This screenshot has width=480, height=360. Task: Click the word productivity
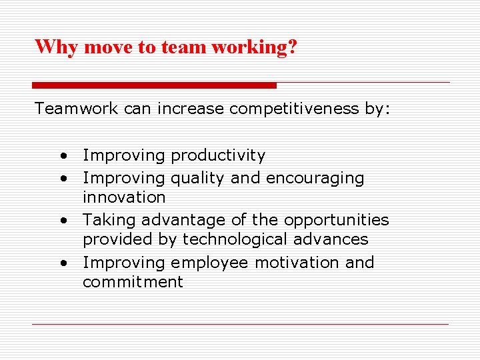tap(218, 156)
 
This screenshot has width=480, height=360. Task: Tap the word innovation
tap(124, 197)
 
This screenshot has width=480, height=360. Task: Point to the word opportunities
tap(337, 221)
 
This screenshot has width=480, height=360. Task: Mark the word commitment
tap(133, 282)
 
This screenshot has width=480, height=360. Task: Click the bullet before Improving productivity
tap(62, 157)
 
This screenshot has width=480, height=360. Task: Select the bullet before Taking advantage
tap(62, 221)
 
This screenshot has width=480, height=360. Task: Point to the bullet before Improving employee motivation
tap(62, 263)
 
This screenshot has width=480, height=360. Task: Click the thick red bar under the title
tap(154, 85)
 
